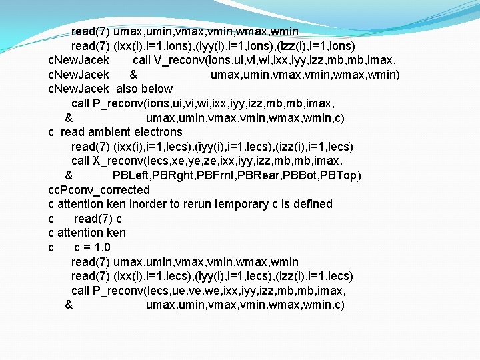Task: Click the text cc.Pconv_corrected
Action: pyautogui.click(x=99, y=190)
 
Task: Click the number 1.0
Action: pyautogui.click(x=101, y=247)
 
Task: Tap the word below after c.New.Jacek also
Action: pyautogui.click(x=157, y=89)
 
